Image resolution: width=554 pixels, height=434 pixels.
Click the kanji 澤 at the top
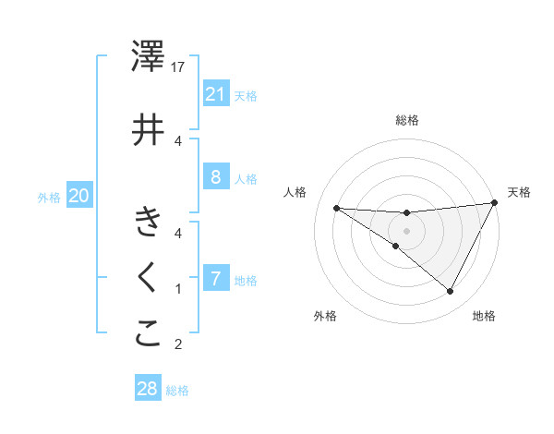(149, 57)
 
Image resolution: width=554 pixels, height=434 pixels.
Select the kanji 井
(149, 130)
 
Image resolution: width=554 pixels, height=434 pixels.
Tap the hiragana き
(148, 223)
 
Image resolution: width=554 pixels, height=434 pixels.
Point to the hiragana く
(148, 278)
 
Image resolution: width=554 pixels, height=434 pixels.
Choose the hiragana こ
(148, 333)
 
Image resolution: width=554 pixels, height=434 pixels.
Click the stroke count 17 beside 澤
(179, 67)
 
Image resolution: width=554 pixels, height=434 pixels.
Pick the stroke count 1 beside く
(179, 288)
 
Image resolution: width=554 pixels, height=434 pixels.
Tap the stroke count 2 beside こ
(179, 344)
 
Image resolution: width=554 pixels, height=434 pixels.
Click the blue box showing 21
(215, 94)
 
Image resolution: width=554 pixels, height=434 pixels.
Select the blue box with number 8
(215, 177)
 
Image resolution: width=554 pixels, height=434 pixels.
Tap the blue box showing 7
(215, 278)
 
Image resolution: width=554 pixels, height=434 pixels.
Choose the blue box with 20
(79, 195)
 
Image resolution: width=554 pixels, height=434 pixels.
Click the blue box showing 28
(148, 389)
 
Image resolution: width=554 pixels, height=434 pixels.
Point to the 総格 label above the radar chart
(406, 120)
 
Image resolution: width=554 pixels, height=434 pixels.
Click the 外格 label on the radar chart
(324, 316)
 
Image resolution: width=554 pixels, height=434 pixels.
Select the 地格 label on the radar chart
(484, 316)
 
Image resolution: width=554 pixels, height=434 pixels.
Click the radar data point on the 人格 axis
(337, 208)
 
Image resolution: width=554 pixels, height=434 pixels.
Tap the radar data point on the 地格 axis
(451, 292)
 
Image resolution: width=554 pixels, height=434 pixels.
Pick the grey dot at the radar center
(406, 230)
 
